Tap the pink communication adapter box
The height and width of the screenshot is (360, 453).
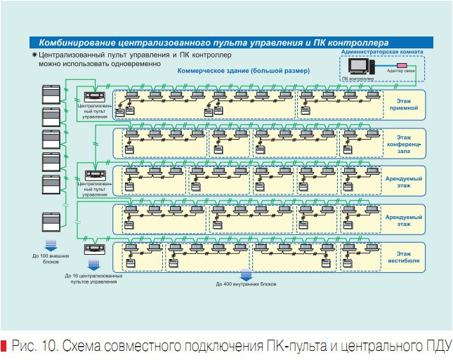(x=390, y=66)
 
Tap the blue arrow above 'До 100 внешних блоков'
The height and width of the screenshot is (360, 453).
(x=51, y=244)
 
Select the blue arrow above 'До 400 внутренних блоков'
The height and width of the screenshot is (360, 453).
(x=246, y=274)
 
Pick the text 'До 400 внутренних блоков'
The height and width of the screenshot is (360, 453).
(x=246, y=284)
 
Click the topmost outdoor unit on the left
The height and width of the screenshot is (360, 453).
(x=52, y=92)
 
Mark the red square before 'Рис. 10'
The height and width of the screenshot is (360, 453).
(x=5, y=346)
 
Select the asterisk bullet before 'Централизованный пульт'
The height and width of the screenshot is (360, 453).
(x=34, y=53)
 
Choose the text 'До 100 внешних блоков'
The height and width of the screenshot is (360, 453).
(x=51, y=258)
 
